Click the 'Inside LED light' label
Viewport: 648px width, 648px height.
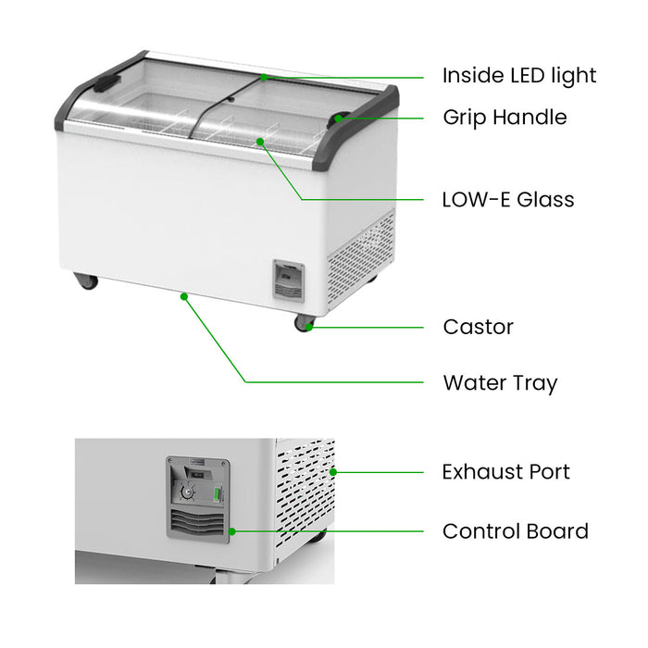519,76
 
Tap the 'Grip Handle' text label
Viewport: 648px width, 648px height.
505,118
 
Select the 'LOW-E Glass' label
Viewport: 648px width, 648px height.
508,200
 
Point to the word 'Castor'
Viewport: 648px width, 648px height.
478,327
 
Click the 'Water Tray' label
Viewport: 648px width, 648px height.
500,382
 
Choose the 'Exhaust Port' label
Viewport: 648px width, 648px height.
505,472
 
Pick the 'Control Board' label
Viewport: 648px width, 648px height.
515,531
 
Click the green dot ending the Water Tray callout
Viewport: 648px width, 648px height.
184,296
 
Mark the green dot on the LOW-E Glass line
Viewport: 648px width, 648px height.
260,142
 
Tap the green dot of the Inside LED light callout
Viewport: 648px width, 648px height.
264,77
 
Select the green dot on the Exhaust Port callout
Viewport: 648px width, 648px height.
333,472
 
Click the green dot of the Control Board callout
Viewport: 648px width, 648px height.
231,531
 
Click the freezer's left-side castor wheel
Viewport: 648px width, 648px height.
87,280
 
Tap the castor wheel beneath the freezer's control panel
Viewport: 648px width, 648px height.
304,322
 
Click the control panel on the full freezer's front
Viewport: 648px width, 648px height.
288,280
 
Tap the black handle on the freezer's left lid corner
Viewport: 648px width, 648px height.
107,82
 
